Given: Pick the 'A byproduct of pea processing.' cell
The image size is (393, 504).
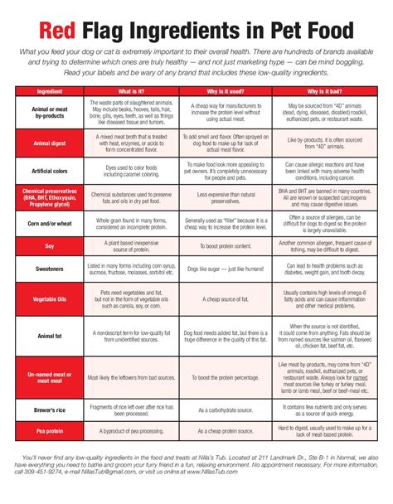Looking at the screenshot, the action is click(x=133, y=432).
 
